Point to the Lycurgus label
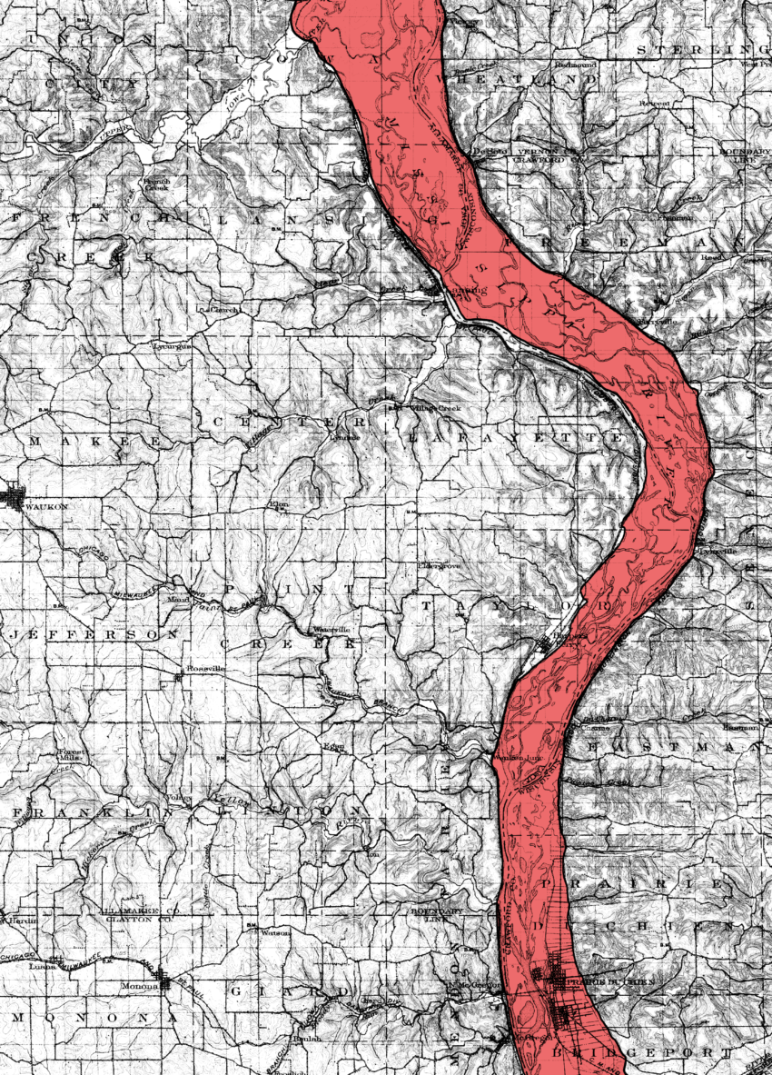click(x=173, y=346)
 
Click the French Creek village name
click(x=156, y=186)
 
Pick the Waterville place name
click(x=332, y=630)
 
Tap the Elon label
click(x=277, y=503)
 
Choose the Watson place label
click(x=274, y=931)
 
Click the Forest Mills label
click(x=71, y=756)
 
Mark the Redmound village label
click(x=575, y=65)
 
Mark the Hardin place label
click(x=23, y=920)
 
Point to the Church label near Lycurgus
click(x=226, y=309)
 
